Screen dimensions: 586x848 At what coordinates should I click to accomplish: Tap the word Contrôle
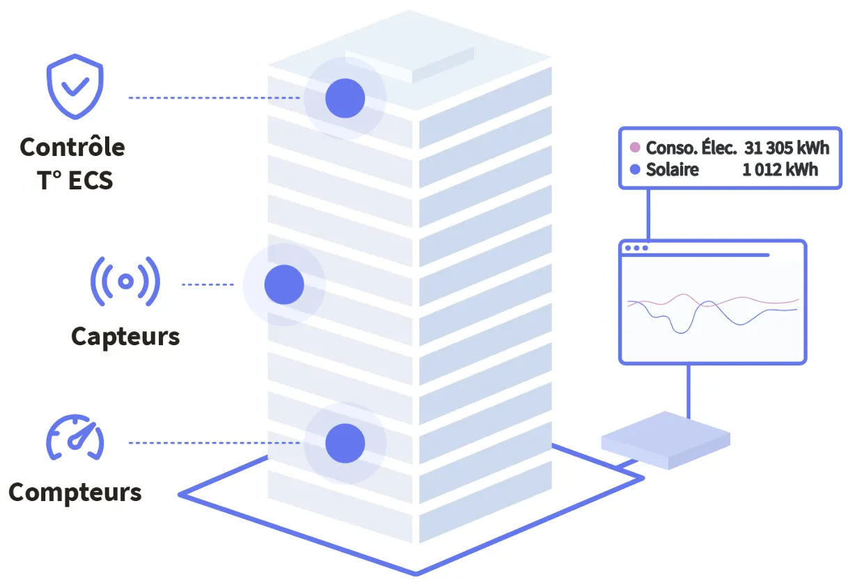tap(72, 148)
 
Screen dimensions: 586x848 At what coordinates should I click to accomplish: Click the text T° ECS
tap(74, 180)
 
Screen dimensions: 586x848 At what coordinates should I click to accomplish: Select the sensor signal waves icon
tap(125, 281)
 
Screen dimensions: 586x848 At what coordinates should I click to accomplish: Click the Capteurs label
tap(125, 337)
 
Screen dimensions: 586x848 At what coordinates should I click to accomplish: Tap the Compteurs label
tap(75, 493)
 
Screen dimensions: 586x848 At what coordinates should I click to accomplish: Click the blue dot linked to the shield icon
tap(345, 98)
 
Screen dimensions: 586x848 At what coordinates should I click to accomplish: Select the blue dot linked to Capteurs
tap(284, 285)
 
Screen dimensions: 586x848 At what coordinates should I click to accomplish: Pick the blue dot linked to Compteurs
tap(345, 443)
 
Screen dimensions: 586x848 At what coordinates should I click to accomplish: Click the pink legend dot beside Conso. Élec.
tap(634, 148)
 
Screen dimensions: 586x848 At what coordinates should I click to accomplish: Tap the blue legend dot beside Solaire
tap(634, 170)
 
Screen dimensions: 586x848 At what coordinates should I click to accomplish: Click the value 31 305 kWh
tap(787, 148)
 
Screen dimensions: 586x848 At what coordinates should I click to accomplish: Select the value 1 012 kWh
tap(780, 170)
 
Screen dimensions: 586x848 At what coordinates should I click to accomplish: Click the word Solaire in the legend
tap(672, 170)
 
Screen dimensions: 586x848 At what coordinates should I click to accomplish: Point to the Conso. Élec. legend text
tap(691, 148)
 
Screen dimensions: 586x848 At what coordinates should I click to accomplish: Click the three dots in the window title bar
tap(636, 248)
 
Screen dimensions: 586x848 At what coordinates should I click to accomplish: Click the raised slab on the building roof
tap(411, 64)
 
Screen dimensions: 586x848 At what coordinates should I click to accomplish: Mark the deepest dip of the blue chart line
tap(681, 333)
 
